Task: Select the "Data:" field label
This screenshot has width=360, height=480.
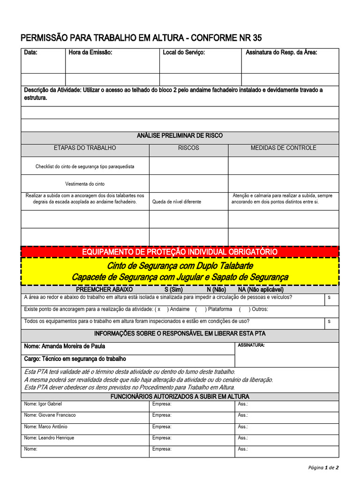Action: pyautogui.click(x=31, y=52)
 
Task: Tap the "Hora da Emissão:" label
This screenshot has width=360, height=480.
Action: pyautogui.click(x=90, y=52)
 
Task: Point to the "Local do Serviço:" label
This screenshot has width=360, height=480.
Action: pyautogui.click(x=184, y=52)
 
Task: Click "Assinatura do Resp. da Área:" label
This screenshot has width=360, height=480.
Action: pyautogui.click(x=281, y=52)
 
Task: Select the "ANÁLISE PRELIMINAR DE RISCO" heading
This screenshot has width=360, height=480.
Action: pyautogui.click(x=180, y=135)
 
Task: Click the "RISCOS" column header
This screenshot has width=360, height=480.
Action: pyautogui.click(x=188, y=148)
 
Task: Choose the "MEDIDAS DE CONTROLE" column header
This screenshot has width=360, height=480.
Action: pyautogui.click(x=283, y=148)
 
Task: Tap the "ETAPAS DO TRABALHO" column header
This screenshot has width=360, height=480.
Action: pyautogui.click(x=85, y=148)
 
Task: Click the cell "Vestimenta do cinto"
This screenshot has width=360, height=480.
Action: pyautogui.click(x=85, y=184)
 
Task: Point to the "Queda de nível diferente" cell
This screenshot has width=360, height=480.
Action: pyautogui.click(x=177, y=202)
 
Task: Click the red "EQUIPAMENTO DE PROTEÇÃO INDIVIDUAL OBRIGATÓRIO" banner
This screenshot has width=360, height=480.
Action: pyautogui.click(x=180, y=252)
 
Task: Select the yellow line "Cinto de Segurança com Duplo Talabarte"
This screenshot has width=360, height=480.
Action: pyautogui.click(x=180, y=266)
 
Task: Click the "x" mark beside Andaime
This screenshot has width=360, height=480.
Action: pyautogui.click(x=159, y=309)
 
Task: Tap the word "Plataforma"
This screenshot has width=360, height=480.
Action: pyautogui.click(x=220, y=309)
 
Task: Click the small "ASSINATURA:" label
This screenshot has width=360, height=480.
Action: pyautogui.click(x=251, y=345)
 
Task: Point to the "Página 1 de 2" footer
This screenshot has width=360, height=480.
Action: pyautogui.click(x=323, y=467)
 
